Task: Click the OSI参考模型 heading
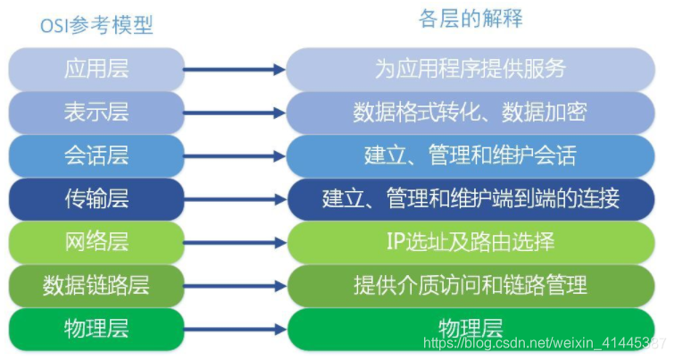pyautogui.click(x=96, y=25)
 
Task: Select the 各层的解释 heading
pyautogui.click(x=471, y=19)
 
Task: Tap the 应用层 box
pyautogui.click(x=96, y=69)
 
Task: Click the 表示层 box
pyautogui.click(x=96, y=113)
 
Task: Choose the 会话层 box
pyautogui.click(x=96, y=155)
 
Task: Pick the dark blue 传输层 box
pyautogui.click(x=96, y=198)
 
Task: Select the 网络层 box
pyautogui.click(x=96, y=242)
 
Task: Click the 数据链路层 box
pyautogui.click(x=96, y=286)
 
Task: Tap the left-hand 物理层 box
pyautogui.click(x=96, y=328)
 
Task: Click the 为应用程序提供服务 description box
pyautogui.click(x=471, y=69)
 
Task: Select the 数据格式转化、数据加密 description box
pyautogui.click(x=471, y=113)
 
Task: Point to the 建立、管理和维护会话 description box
pyautogui.click(x=471, y=155)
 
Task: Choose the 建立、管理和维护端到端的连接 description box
pyautogui.click(x=471, y=198)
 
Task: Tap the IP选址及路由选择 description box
pyautogui.click(x=471, y=242)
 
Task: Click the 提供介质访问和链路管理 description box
pyautogui.click(x=471, y=286)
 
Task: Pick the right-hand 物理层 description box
pyautogui.click(x=471, y=327)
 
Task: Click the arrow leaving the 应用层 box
pyautogui.click(x=235, y=69)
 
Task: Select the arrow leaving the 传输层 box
pyautogui.click(x=235, y=199)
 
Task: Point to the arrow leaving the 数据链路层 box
pyautogui.click(x=235, y=286)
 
